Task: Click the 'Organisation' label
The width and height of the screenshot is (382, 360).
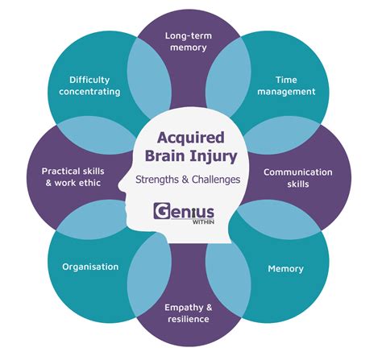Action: (x=90, y=267)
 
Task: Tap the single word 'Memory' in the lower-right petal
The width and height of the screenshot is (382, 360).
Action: (x=285, y=268)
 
